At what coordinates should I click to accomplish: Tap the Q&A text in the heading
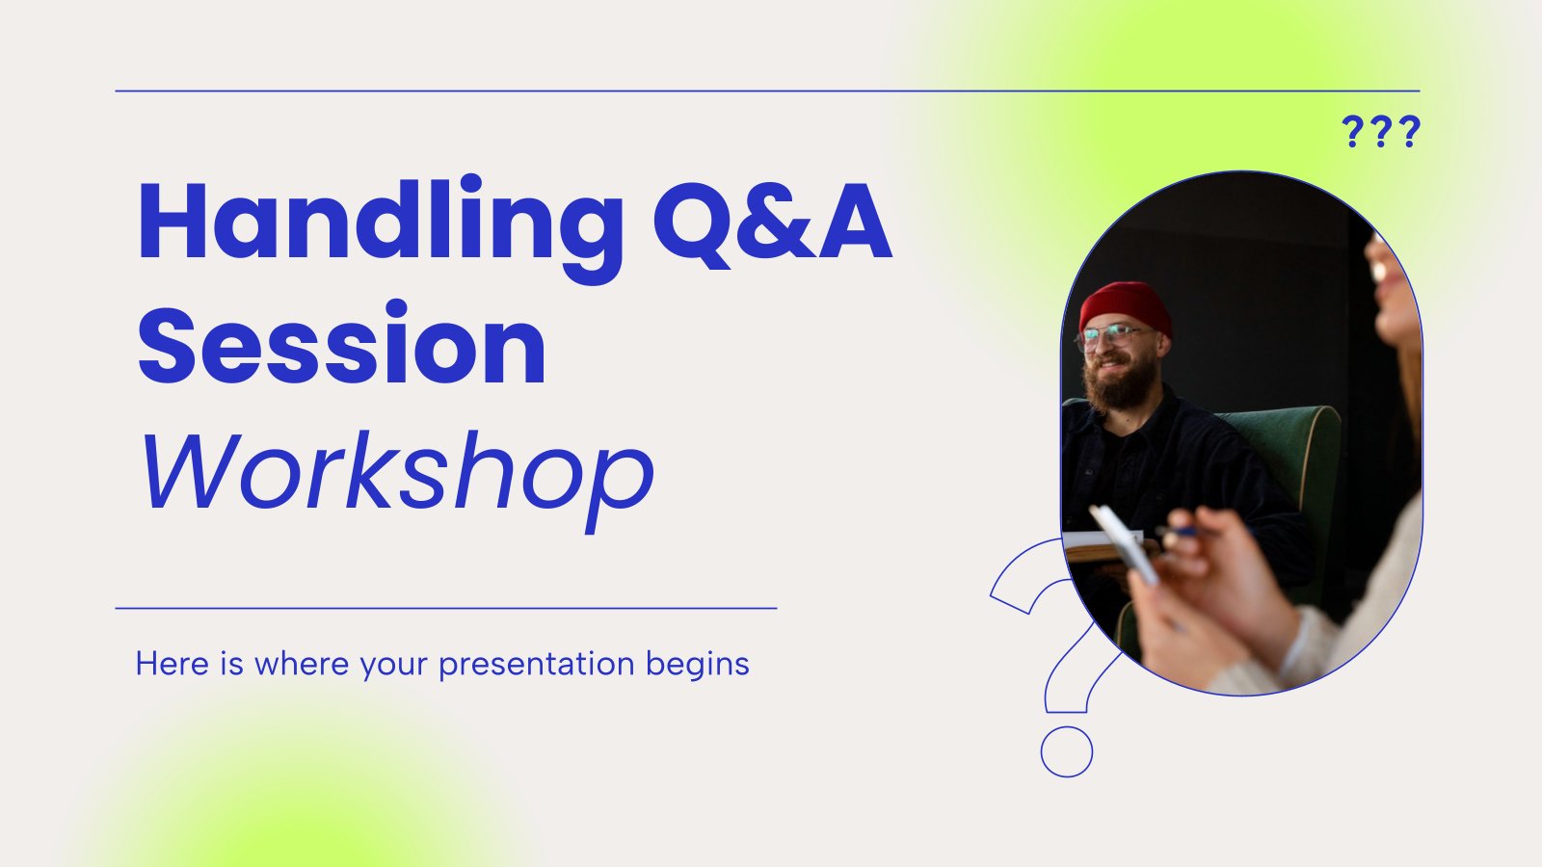771,223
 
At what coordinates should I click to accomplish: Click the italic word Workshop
395,472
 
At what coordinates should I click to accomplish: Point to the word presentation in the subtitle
536,665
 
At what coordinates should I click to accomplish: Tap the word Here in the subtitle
172,664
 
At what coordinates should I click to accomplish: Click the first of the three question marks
1352,132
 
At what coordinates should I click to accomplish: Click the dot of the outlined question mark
1066,751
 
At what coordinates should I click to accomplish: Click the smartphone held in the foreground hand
1124,544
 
